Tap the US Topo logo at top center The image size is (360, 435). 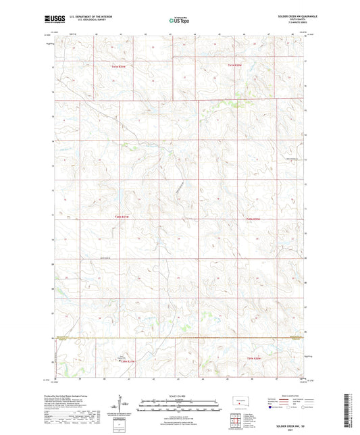pos(179,21)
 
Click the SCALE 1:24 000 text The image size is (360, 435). pos(179,396)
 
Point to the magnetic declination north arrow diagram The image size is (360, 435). pos(125,405)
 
